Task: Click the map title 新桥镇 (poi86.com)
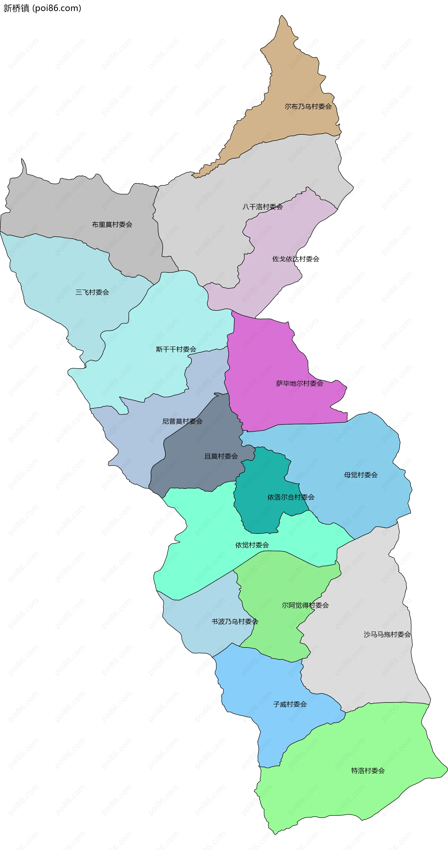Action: (x=42, y=8)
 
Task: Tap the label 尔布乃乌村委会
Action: (x=308, y=106)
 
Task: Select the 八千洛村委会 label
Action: (x=262, y=207)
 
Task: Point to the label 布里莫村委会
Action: (x=112, y=224)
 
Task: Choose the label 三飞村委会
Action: (x=92, y=292)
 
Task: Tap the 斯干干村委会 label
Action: (x=176, y=349)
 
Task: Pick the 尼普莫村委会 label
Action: (x=182, y=421)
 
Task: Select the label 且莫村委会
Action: (x=221, y=456)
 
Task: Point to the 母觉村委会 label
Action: (x=360, y=475)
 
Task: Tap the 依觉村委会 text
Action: (x=252, y=545)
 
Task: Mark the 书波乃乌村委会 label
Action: (x=234, y=621)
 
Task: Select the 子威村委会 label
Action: (x=290, y=704)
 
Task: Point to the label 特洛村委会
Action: (x=368, y=770)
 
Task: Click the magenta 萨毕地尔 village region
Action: (x=264, y=363)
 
